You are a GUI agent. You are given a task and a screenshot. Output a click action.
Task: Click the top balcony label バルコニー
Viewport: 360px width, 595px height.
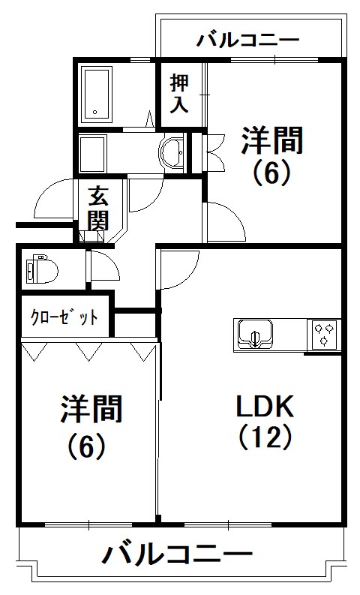(x=248, y=39)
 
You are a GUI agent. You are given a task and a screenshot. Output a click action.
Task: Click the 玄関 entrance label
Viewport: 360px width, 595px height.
(x=98, y=209)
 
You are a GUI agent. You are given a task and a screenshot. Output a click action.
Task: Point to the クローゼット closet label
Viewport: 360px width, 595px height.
(x=64, y=317)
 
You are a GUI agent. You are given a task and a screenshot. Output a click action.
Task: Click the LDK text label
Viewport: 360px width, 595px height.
(x=265, y=407)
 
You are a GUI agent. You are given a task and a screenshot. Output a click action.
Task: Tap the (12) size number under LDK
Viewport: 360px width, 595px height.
(x=265, y=436)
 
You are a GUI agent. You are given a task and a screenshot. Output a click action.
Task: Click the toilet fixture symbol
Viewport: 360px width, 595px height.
(x=39, y=269)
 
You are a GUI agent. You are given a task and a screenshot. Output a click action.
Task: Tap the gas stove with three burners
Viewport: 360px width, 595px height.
(x=325, y=333)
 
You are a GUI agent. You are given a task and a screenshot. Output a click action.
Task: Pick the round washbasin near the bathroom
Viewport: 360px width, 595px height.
(x=173, y=152)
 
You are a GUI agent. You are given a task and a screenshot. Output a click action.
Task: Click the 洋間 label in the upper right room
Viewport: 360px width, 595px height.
(x=272, y=140)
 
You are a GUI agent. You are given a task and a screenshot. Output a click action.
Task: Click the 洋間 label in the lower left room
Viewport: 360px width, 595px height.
(x=91, y=410)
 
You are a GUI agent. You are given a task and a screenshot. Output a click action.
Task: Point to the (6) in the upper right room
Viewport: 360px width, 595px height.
(x=271, y=173)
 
